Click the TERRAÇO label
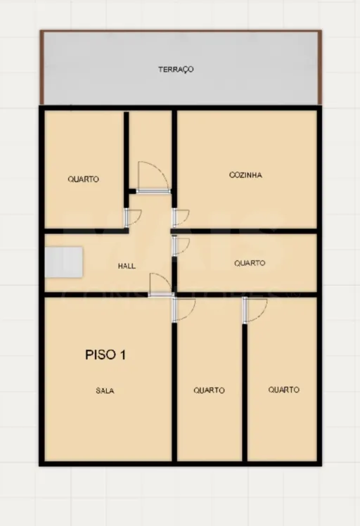pyautogui.click(x=176, y=70)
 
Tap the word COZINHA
pyautogui.click(x=245, y=175)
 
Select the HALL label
pyautogui.click(x=127, y=266)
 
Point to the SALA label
pyautogui.click(x=105, y=390)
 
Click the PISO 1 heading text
pyautogui.click(x=105, y=354)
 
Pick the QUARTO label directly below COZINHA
pyautogui.click(x=250, y=263)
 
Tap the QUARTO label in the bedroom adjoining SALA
pyautogui.click(x=209, y=390)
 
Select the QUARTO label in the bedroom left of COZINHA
pyautogui.click(x=83, y=179)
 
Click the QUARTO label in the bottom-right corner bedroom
pyautogui.click(x=284, y=390)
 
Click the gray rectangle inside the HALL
pyautogui.click(x=64, y=262)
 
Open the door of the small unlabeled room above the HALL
pyautogui.click(x=153, y=177)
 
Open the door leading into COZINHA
pyautogui.click(x=181, y=218)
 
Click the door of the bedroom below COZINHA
pyautogui.click(x=181, y=246)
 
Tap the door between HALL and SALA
pyautogui.click(x=161, y=285)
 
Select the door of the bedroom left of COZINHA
pyautogui.click(x=133, y=217)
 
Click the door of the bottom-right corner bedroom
pyautogui.click(x=255, y=311)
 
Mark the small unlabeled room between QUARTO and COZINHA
pyautogui.click(x=150, y=150)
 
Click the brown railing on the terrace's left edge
pyautogui.click(x=42, y=68)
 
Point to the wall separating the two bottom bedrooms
pyautogui.click(x=245, y=392)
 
